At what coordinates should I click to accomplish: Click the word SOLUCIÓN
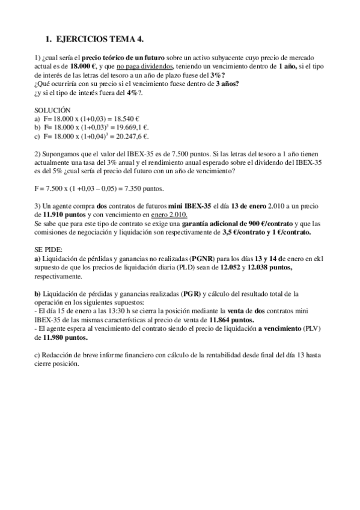tap(52, 111)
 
